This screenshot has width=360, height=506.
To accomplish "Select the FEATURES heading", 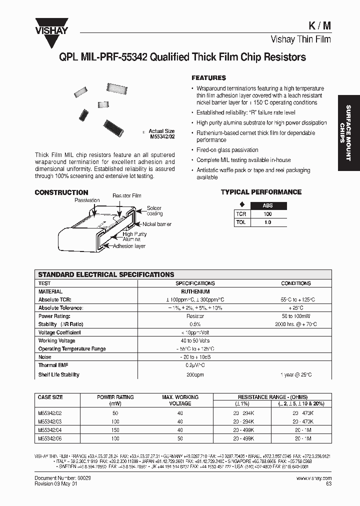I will [x=208, y=78].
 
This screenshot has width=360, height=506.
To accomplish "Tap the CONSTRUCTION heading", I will [x=61, y=192].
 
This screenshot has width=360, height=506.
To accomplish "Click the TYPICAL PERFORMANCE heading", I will [x=261, y=192].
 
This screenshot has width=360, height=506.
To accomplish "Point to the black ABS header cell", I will [x=268, y=205].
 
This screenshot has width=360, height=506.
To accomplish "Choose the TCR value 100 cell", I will [x=268, y=214].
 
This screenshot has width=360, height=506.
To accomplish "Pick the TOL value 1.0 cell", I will [x=268, y=222].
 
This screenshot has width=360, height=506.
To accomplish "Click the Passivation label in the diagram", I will [x=87, y=200].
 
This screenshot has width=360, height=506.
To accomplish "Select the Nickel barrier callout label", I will [x=157, y=224].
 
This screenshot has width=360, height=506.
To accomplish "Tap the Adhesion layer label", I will [x=129, y=246].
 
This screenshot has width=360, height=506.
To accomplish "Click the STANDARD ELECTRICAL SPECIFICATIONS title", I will [x=106, y=274].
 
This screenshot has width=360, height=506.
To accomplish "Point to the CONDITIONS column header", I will [x=296, y=283].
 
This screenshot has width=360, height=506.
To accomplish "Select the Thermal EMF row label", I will [x=53, y=366].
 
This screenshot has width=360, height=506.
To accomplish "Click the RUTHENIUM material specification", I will [x=195, y=291].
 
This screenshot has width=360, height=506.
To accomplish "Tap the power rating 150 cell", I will [x=115, y=430].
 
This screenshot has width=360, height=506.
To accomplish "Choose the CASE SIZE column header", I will [x=50, y=397].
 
